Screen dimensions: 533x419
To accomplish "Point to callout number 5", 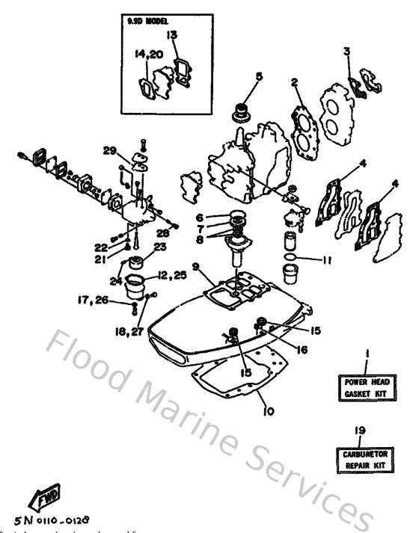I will click(259, 76).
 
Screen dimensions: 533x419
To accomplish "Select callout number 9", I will click(195, 266).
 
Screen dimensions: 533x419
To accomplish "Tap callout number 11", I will click(327, 260).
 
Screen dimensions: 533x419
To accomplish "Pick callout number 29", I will click(110, 151).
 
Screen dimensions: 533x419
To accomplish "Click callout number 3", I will click(346, 51).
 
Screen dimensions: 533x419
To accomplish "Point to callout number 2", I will click(295, 82).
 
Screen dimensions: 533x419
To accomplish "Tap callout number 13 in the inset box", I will click(172, 35).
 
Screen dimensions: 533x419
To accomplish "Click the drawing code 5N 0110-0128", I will click(62, 517).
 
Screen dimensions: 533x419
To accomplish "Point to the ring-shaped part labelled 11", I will click(290, 262).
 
